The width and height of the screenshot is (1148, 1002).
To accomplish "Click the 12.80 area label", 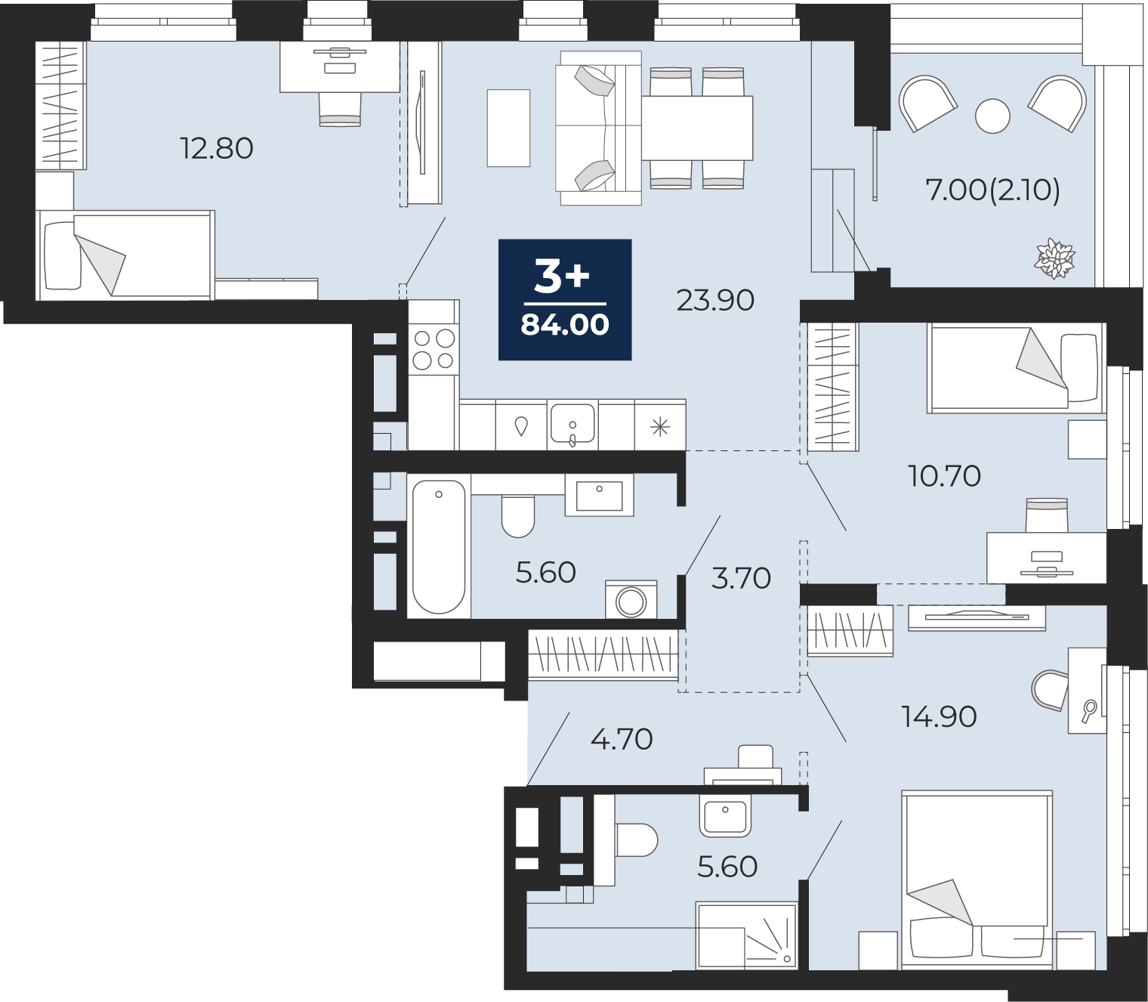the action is [217, 149].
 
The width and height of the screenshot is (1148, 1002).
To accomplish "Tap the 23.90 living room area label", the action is [714, 301].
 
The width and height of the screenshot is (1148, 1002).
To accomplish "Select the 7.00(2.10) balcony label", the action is [992, 191].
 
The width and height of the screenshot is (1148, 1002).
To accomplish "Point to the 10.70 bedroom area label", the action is [944, 476].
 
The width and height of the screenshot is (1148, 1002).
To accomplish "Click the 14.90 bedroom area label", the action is [939, 717].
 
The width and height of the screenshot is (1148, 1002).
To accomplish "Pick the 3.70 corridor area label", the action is [741, 578].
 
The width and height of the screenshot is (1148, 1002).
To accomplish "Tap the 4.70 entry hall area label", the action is [622, 739].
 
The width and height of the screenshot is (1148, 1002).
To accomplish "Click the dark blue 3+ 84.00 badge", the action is [565, 299].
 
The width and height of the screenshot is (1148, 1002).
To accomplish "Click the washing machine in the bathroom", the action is [631, 599].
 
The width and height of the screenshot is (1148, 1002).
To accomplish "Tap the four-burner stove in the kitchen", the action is [434, 350].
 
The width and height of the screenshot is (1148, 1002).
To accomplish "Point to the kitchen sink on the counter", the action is [572, 424].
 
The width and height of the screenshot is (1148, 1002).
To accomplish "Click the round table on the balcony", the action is [992, 116].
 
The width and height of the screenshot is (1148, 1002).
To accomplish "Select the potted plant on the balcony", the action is [1055, 258].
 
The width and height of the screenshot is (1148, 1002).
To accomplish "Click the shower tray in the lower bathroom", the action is [746, 936].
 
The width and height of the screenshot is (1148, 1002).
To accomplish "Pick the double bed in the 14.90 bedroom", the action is [977, 880].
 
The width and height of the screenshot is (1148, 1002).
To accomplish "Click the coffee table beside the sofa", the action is [508, 128].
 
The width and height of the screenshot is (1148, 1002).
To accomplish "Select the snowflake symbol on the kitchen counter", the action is [660, 428].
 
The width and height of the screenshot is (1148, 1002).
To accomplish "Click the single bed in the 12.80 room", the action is [125, 255].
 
